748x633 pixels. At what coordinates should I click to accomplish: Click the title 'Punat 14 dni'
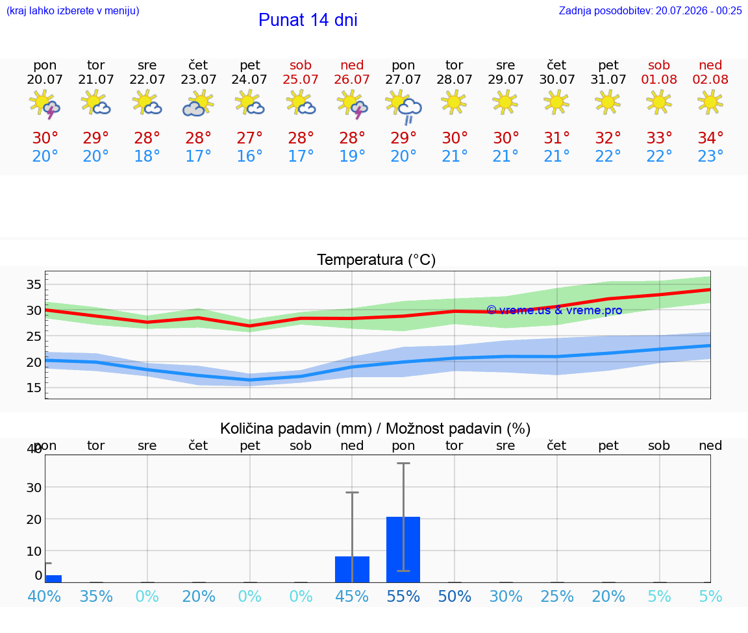click(x=308, y=20)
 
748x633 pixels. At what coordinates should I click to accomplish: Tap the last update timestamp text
click(x=650, y=10)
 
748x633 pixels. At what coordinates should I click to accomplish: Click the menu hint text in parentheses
click(x=73, y=10)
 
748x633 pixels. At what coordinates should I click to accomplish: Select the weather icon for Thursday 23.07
click(x=198, y=104)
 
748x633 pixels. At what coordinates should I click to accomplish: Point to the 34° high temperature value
click(x=710, y=138)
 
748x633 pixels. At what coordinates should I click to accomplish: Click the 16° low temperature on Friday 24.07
click(x=249, y=156)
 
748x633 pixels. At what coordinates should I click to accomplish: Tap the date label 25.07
click(x=301, y=79)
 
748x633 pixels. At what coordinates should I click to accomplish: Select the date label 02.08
click(x=710, y=79)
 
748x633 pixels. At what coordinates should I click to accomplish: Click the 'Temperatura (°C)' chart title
click(x=377, y=260)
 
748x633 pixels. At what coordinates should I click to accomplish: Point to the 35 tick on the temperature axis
click(x=34, y=285)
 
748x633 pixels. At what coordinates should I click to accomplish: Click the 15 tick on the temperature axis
click(x=34, y=388)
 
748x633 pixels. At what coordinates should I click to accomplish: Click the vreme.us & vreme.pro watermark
click(x=555, y=310)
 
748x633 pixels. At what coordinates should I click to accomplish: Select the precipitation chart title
click(x=375, y=429)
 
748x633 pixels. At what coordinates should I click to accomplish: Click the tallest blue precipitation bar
click(x=403, y=549)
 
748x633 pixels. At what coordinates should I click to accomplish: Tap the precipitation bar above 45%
click(x=352, y=569)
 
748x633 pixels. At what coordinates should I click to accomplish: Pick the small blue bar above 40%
click(x=53, y=579)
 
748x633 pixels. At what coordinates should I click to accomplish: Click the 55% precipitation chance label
click(x=403, y=597)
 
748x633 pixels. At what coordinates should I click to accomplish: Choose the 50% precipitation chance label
click(x=454, y=597)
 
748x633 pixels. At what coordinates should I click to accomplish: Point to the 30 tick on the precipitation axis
click(x=34, y=488)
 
